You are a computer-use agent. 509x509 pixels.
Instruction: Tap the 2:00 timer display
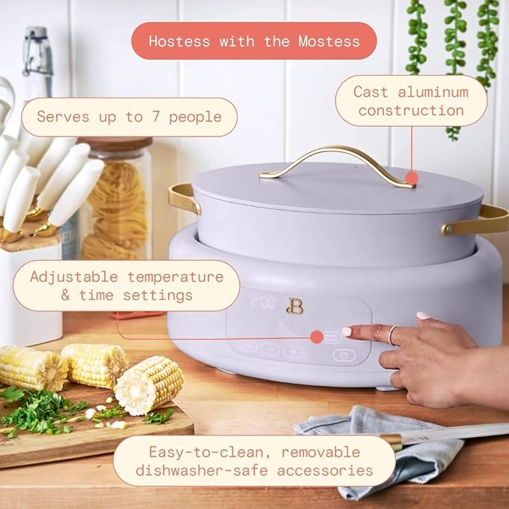(262, 303)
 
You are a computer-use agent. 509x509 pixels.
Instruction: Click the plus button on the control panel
(293, 350)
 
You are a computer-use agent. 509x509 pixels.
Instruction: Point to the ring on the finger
(391, 335)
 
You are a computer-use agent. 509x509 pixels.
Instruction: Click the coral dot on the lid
(410, 178)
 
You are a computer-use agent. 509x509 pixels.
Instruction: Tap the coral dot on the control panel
(316, 337)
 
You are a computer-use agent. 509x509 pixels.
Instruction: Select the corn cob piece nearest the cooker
(148, 384)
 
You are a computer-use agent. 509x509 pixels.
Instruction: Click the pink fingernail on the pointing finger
(347, 331)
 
